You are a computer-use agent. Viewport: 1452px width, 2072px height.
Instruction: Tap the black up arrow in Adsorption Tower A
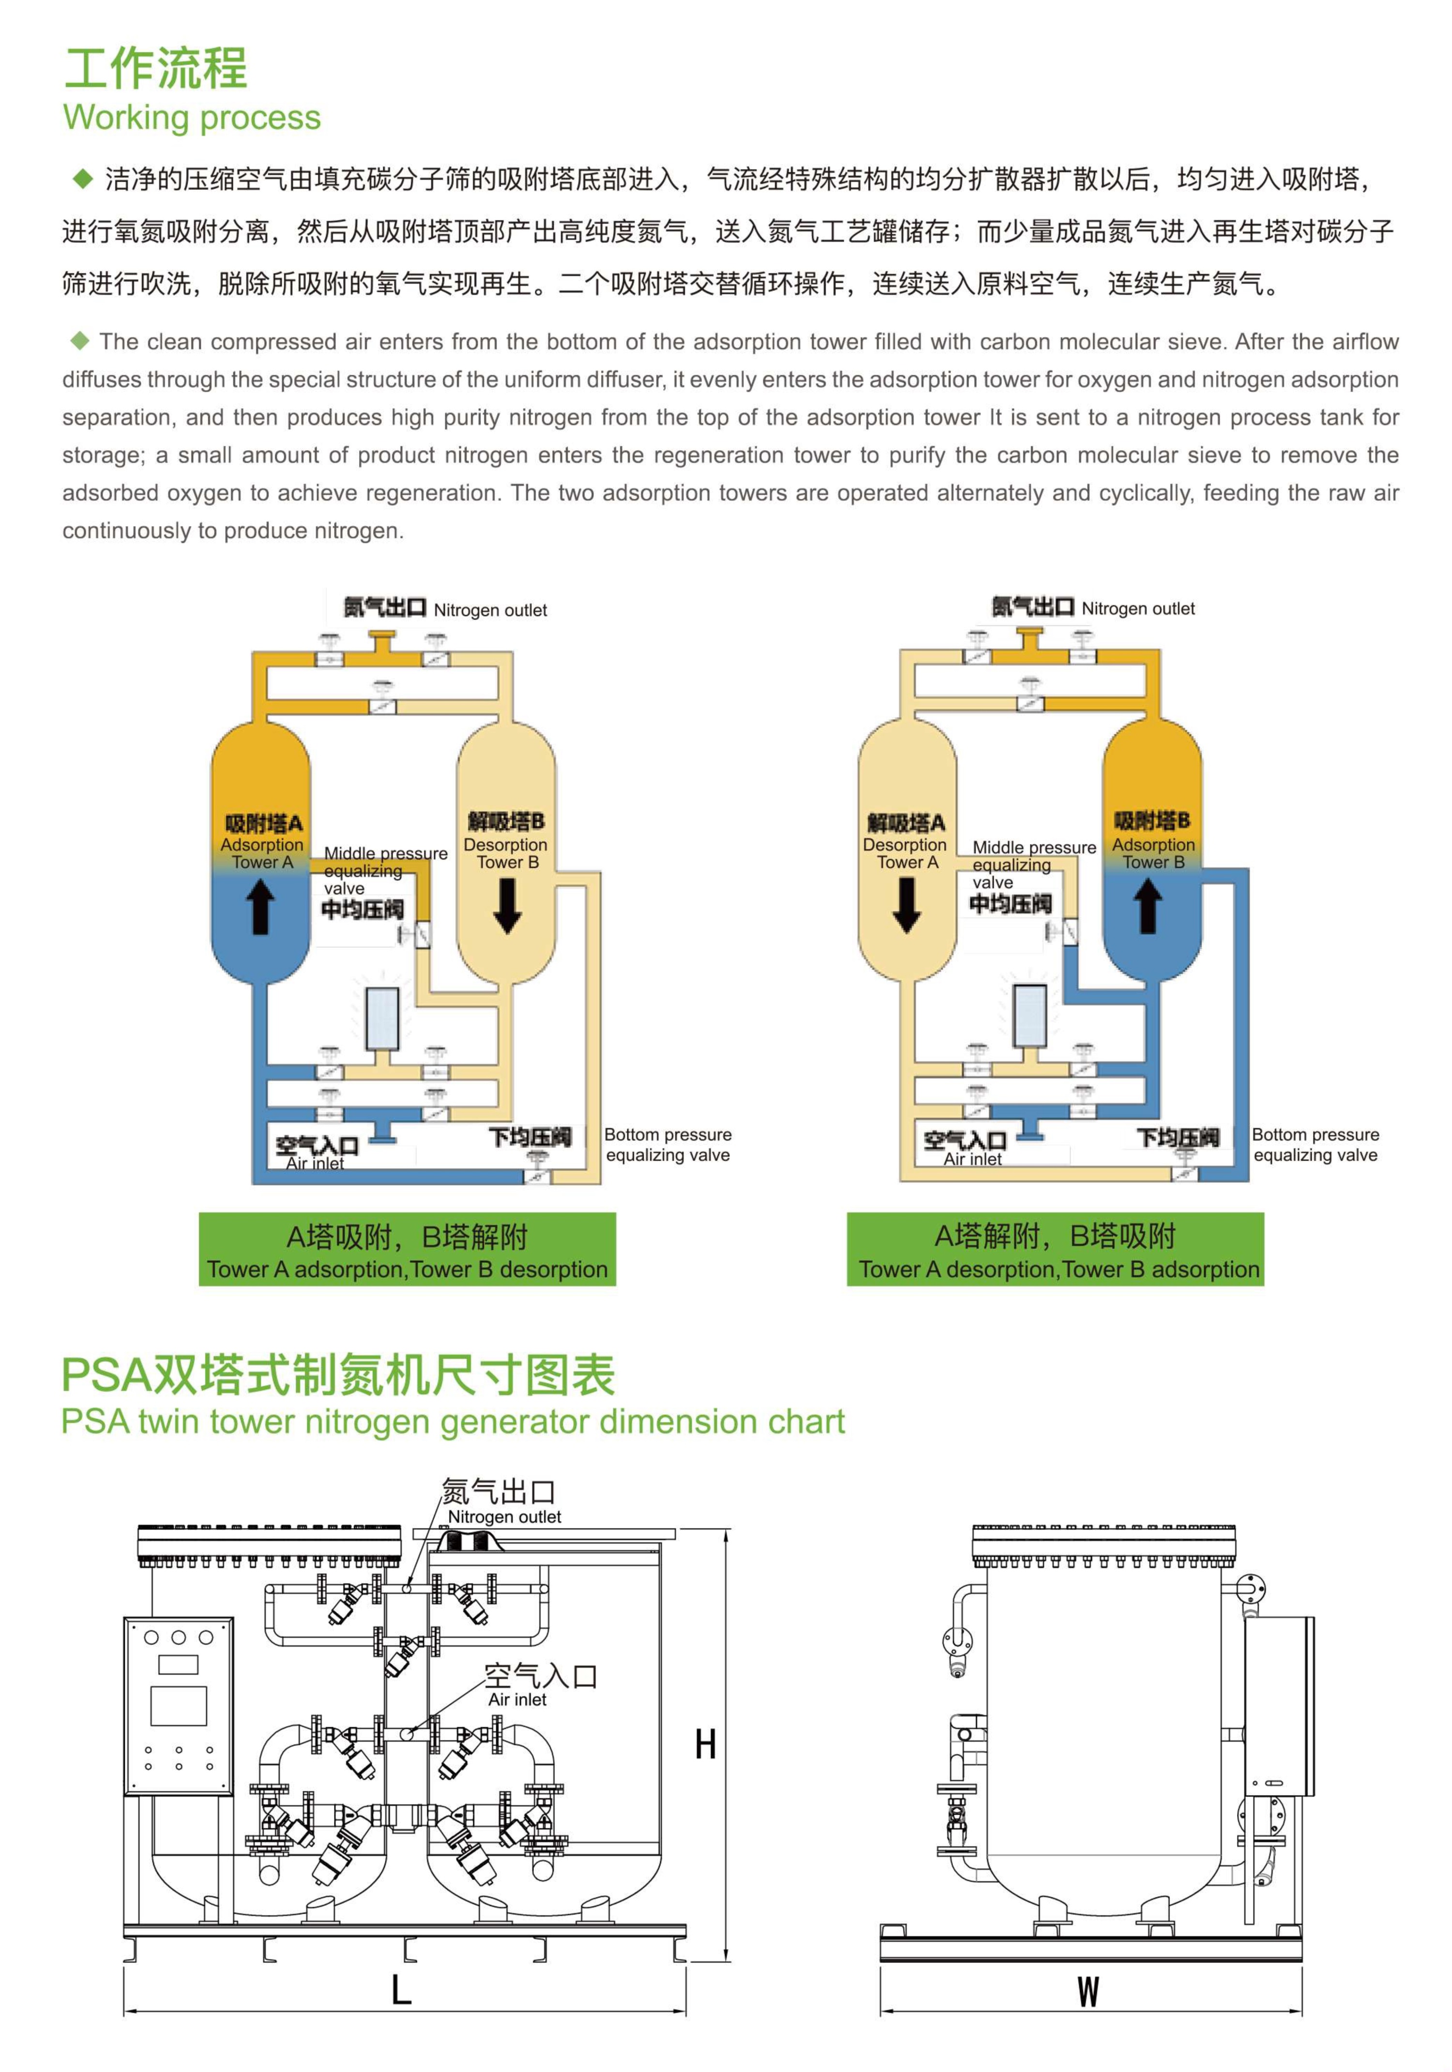(x=261, y=906)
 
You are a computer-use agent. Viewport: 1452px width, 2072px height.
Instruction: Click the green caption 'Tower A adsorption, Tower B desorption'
(x=407, y=1269)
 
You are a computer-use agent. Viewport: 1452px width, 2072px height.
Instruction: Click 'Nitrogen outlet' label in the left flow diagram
(x=490, y=610)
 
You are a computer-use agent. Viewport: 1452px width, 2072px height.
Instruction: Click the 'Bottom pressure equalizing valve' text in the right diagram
(x=1315, y=1144)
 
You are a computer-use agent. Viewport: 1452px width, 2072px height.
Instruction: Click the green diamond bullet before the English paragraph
(x=80, y=340)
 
